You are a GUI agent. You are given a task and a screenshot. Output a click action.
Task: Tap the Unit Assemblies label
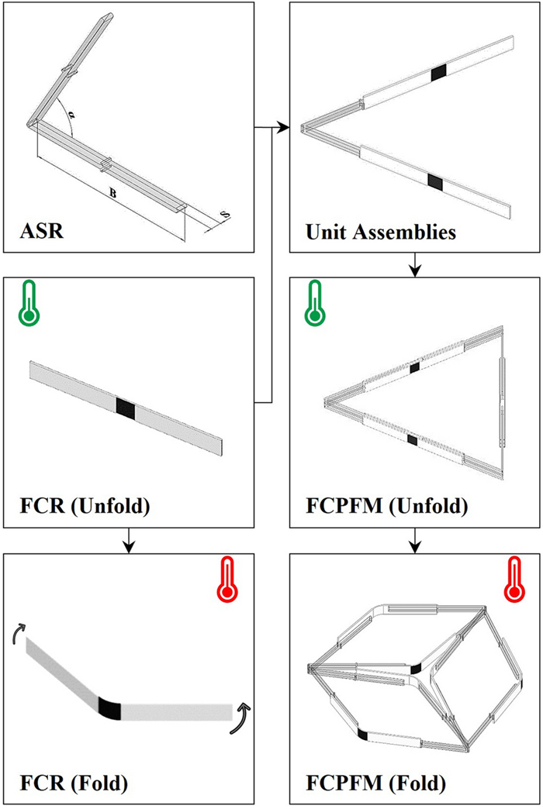coord(380,231)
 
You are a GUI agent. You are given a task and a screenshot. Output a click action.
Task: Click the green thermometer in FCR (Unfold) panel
coord(29,302)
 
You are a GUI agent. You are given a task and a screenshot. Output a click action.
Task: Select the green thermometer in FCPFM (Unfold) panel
coord(315,302)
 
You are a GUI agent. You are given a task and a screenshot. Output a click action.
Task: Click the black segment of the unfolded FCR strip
coord(125,407)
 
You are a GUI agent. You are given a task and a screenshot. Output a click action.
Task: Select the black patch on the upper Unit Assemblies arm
coord(440,74)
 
